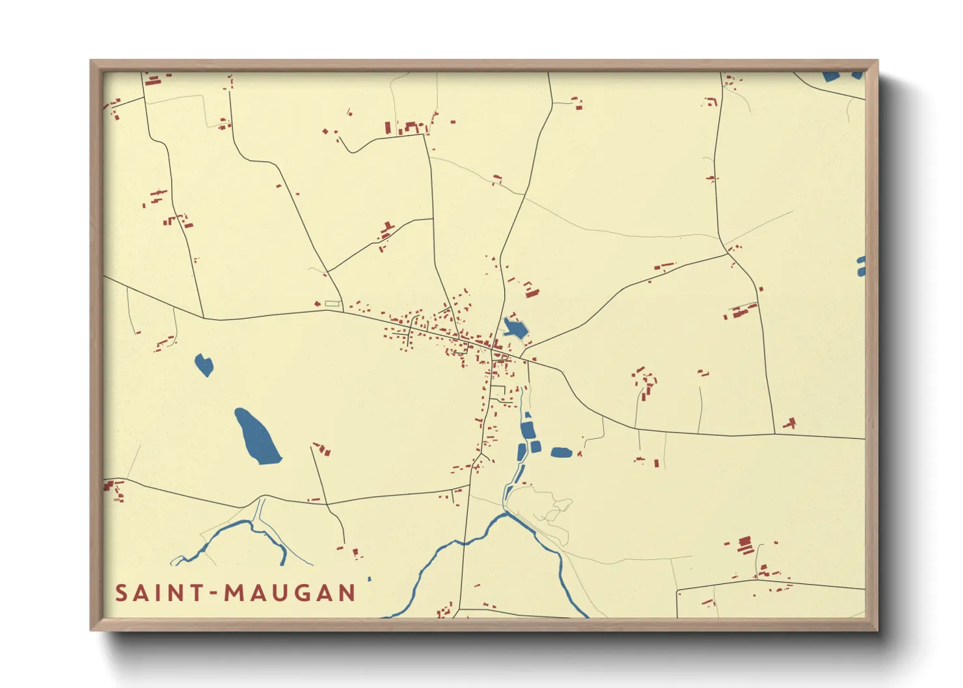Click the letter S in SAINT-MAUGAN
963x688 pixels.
click(122, 593)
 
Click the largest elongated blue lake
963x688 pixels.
click(257, 437)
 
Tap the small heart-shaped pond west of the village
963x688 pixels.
click(204, 364)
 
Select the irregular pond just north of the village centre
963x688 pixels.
click(515, 329)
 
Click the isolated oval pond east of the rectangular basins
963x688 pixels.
click(561, 453)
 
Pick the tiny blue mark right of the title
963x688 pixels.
click(370, 579)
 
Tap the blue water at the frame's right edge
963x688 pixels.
click(861, 266)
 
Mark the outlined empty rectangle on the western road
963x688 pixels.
click(332, 303)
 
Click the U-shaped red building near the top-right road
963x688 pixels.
click(711, 101)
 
